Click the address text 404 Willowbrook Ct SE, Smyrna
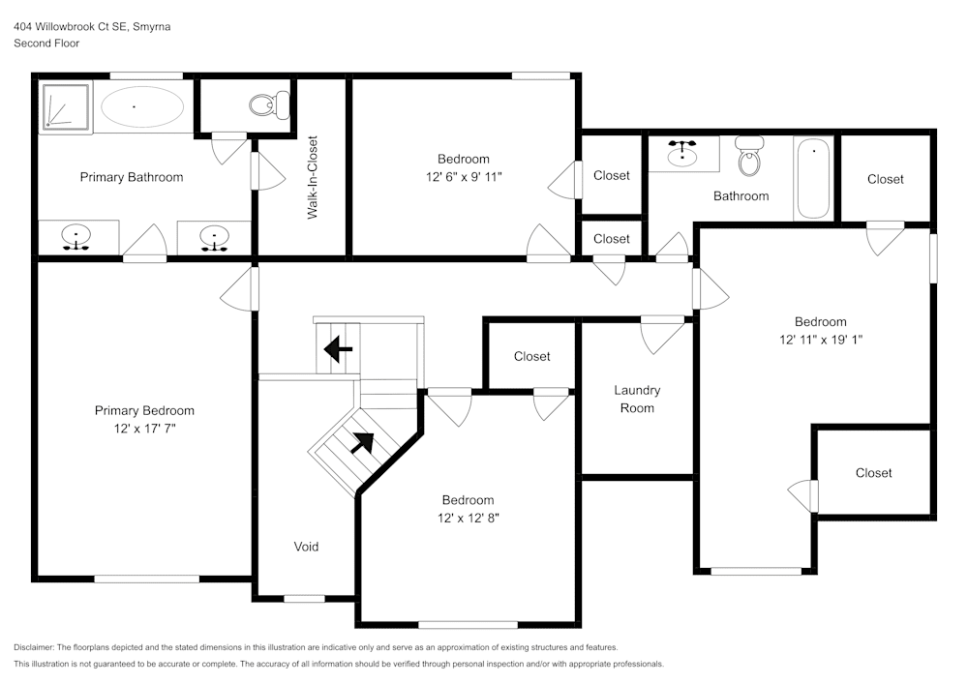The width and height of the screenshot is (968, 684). click(93, 27)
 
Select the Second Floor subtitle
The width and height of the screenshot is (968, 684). click(46, 44)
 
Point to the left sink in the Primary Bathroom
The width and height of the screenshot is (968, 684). click(76, 237)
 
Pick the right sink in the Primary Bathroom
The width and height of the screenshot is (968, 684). click(212, 237)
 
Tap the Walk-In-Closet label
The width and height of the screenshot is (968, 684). click(313, 177)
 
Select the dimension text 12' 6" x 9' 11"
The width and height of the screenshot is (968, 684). click(464, 176)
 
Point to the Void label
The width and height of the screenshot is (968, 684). click(306, 547)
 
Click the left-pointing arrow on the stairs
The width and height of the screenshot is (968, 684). click(338, 348)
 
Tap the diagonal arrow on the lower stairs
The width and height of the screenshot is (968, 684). click(361, 442)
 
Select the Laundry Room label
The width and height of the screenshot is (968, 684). click(637, 399)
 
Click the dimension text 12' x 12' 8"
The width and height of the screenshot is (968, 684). click(468, 518)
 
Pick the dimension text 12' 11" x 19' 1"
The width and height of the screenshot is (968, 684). click(820, 340)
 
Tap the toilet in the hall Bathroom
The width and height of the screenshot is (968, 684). click(749, 156)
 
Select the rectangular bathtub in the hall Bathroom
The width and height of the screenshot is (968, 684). click(813, 178)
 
